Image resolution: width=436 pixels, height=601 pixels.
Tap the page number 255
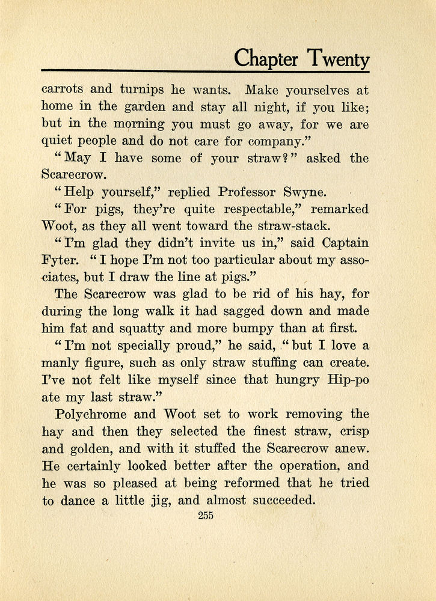(x=205, y=515)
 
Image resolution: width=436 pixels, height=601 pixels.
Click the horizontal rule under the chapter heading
(x=205, y=72)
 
